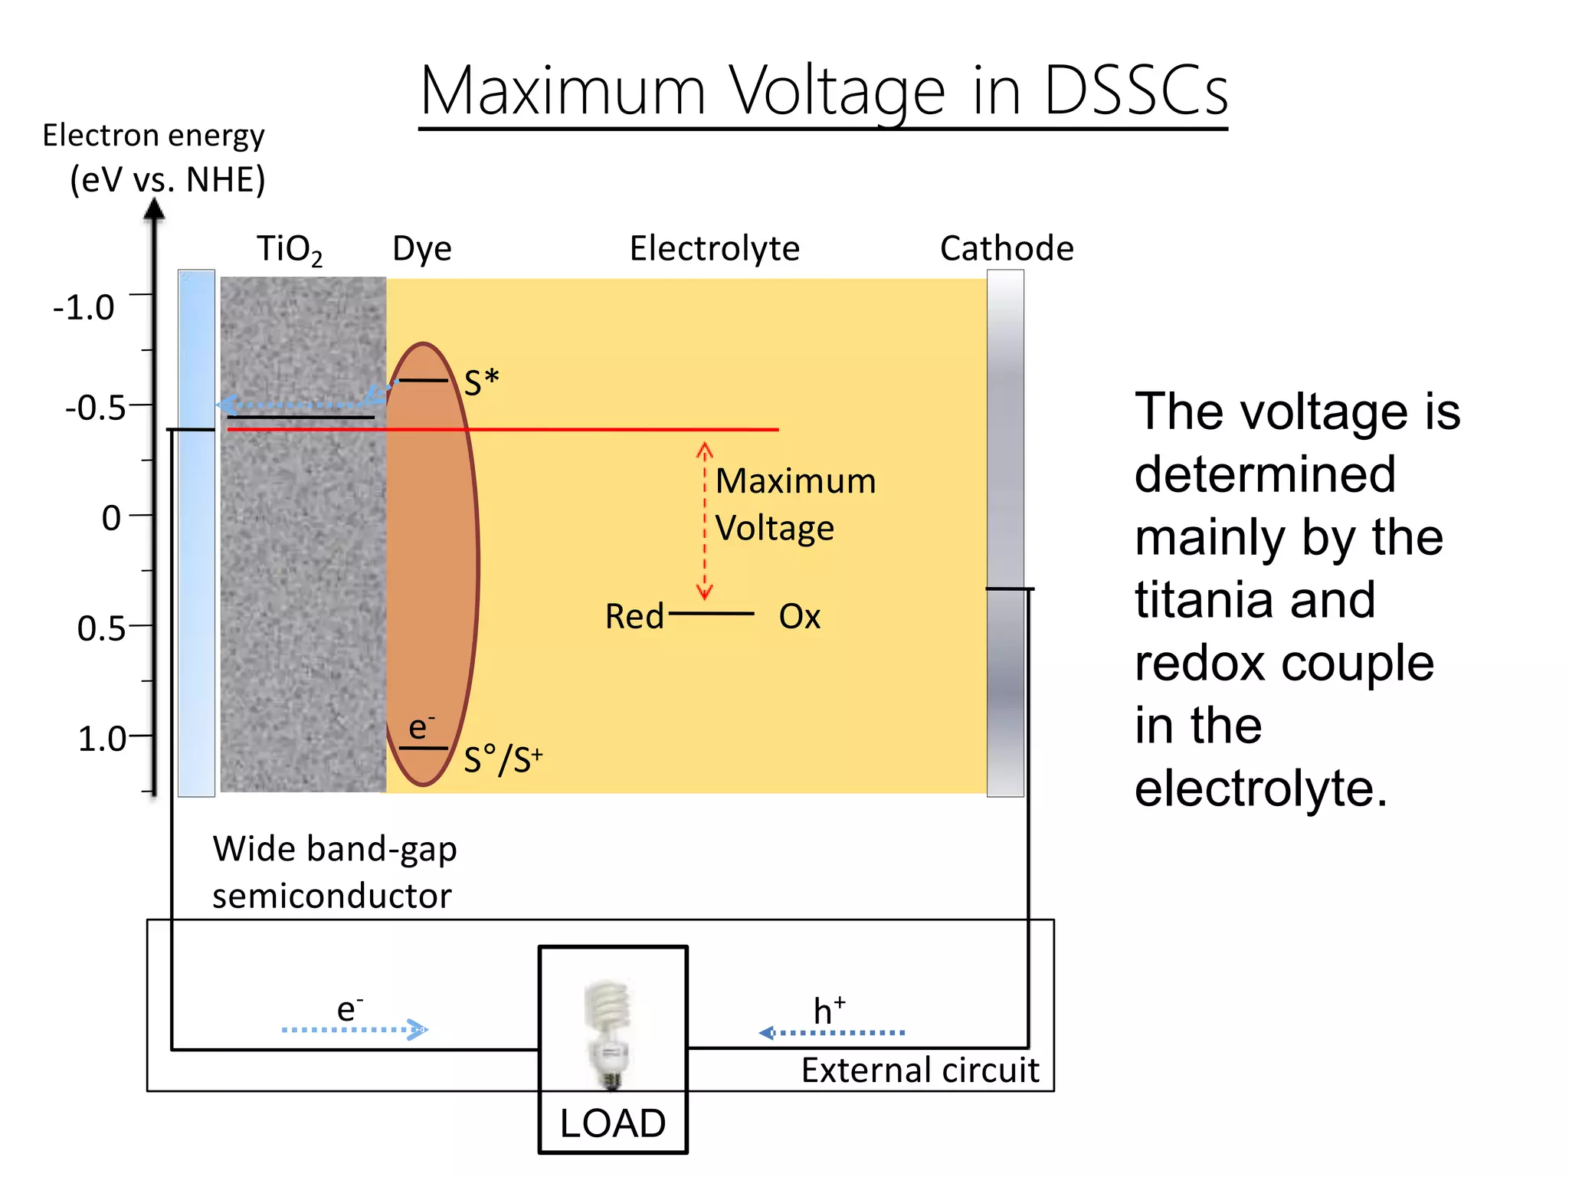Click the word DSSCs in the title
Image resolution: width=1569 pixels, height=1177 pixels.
[1136, 91]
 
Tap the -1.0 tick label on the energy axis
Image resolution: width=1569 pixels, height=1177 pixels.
[84, 308]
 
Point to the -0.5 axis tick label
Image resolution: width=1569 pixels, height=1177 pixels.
[95, 408]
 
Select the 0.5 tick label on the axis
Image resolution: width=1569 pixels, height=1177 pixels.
[100, 628]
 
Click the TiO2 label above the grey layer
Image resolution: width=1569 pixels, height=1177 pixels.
[289, 250]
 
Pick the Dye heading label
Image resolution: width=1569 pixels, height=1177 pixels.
[422, 249]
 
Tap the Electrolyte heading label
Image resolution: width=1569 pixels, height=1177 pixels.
[714, 249]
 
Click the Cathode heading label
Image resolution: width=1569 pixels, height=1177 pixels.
[1007, 249]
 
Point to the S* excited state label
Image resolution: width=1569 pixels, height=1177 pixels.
[482, 382]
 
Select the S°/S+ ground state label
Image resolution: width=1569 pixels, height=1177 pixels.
[503, 760]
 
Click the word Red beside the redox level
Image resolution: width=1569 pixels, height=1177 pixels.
[634, 617]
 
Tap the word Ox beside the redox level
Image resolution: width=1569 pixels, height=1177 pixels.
[800, 617]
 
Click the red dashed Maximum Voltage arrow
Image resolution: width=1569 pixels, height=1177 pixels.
[705, 521]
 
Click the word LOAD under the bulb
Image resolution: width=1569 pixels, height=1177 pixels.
[613, 1123]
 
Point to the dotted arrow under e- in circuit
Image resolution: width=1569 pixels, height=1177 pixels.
[355, 1030]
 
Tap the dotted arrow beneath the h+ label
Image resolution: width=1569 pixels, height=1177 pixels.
[833, 1033]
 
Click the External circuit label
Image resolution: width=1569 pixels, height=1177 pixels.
[920, 1070]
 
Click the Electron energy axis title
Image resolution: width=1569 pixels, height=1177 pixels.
[153, 136]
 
